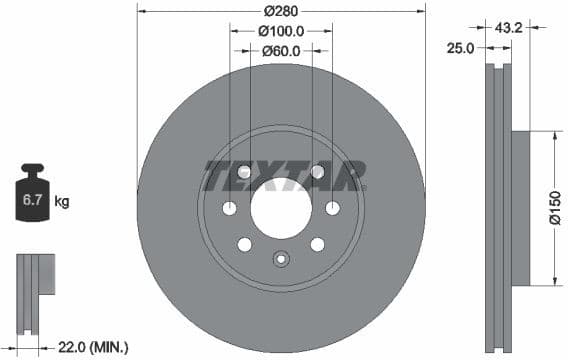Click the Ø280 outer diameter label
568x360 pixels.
point(281,12)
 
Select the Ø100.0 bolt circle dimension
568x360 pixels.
point(281,31)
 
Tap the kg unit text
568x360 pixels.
point(62,202)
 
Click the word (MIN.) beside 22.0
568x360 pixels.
point(110,347)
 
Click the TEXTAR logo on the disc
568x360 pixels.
point(284,176)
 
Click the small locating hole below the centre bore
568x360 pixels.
point(281,260)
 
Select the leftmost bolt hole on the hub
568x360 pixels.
point(229,208)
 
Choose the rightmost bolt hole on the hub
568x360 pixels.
point(333,208)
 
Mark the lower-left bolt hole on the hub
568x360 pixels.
point(244,244)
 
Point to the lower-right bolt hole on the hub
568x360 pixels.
point(317,244)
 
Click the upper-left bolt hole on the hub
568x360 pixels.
point(244,172)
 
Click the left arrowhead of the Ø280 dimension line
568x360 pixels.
point(140,12)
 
